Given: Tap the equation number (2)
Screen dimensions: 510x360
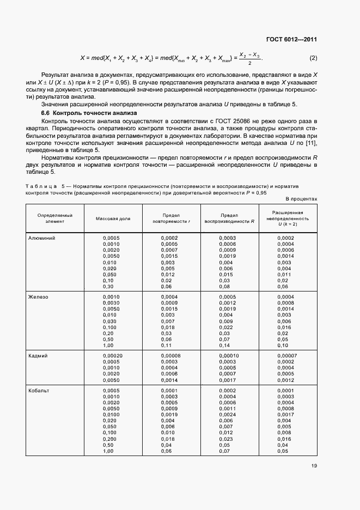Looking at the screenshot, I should [313, 58].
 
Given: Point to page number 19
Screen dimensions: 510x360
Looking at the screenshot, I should [315, 465].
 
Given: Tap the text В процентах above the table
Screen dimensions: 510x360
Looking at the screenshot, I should [301, 199].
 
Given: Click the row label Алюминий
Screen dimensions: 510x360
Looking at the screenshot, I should [42, 238].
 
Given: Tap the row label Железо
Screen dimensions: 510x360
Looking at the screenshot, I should [38, 296].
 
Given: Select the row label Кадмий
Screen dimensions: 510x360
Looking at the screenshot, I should [38, 355].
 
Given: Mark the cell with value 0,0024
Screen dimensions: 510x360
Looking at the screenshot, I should [228, 415].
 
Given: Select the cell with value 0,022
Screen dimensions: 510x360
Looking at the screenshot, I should [226, 327].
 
